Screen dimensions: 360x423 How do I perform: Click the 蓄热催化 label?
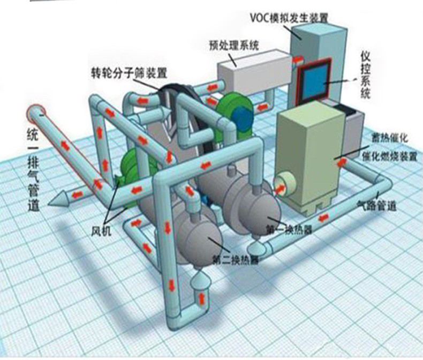390,138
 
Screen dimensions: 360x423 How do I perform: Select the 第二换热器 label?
236,260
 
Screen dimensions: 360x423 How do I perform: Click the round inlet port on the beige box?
283,184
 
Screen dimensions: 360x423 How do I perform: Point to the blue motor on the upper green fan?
243,115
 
